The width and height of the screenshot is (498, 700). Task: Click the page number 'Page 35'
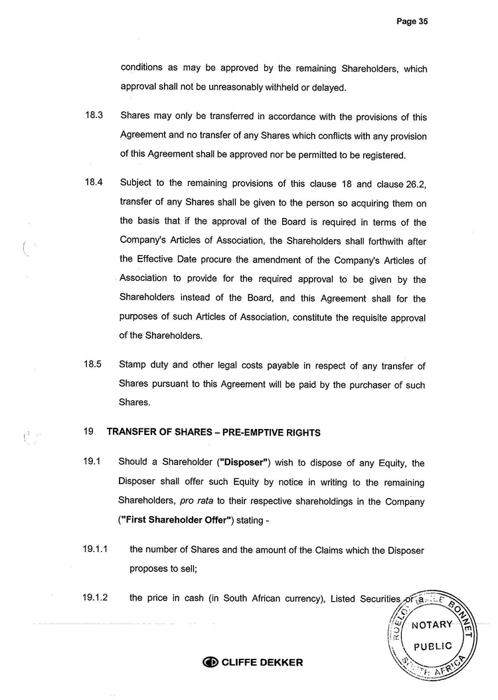412,21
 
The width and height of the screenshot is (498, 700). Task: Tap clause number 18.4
92,183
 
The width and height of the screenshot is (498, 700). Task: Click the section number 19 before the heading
88,432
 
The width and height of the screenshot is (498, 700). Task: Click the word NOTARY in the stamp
432,625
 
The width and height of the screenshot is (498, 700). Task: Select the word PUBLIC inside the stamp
432,646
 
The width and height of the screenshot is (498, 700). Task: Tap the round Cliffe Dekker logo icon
210,662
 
